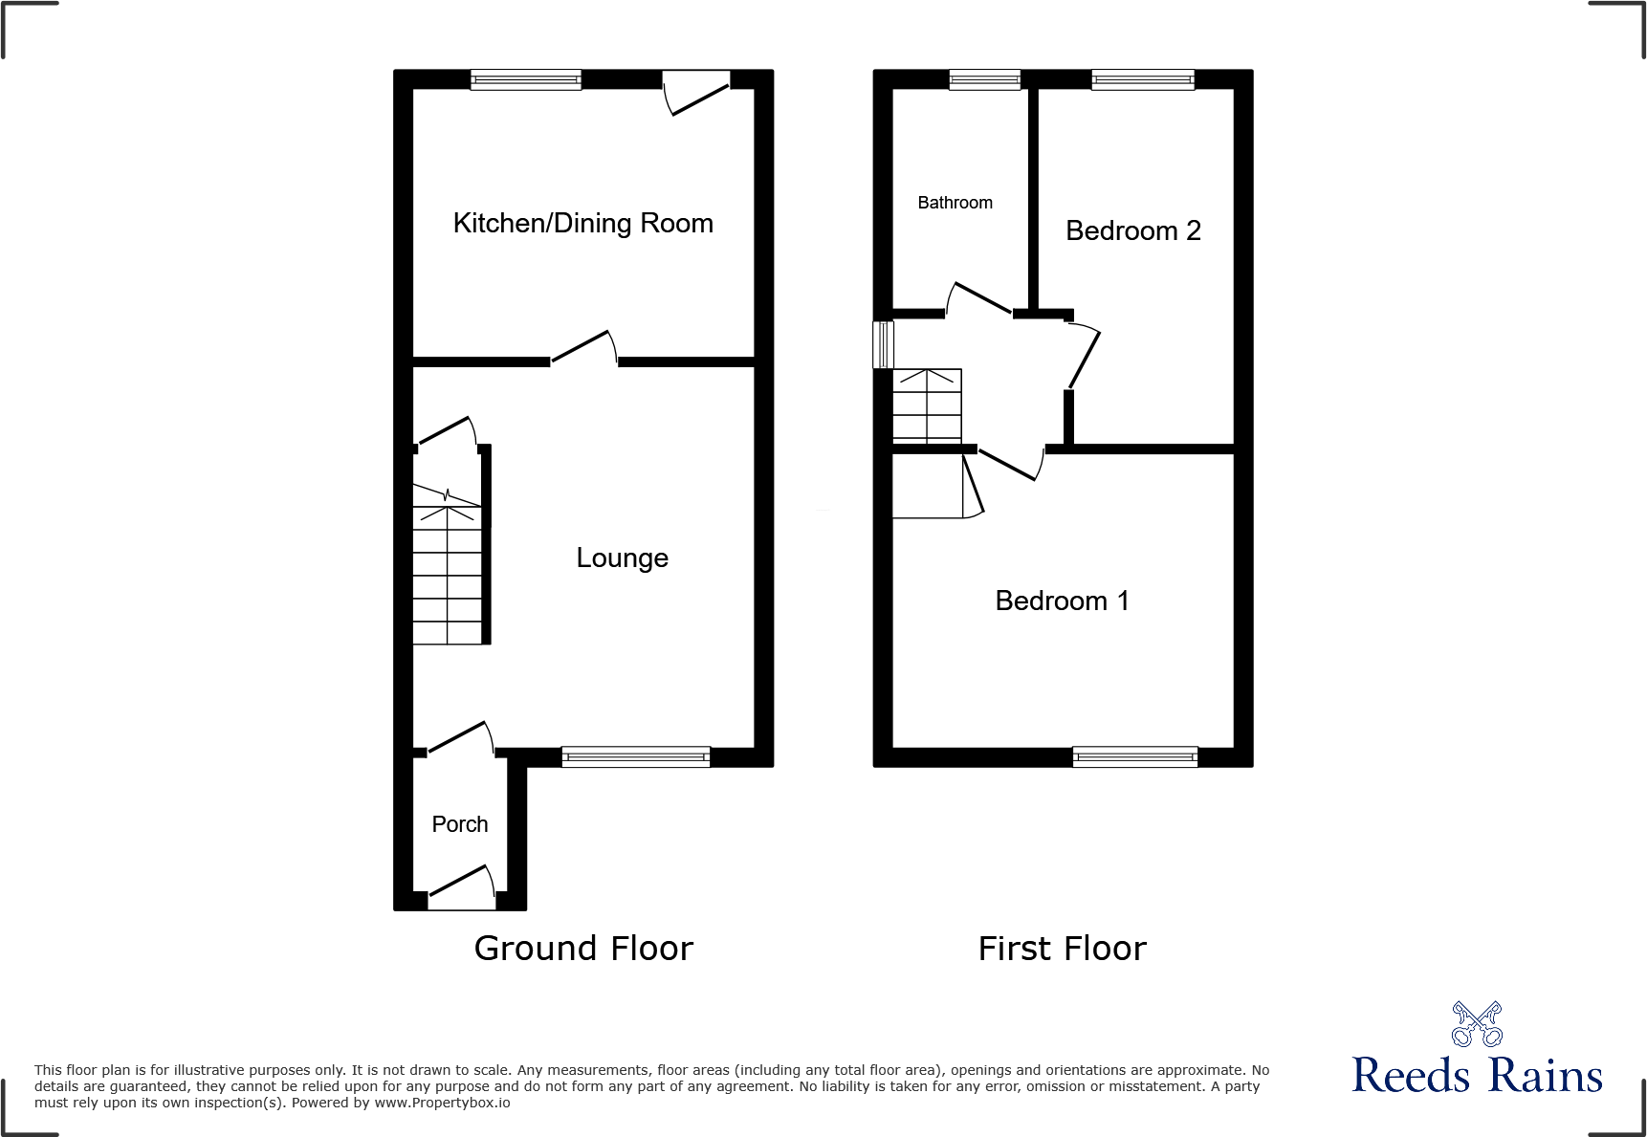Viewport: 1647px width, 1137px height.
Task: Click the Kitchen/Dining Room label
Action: pyautogui.click(x=582, y=223)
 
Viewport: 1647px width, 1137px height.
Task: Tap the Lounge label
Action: pyautogui.click(x=622, y=558)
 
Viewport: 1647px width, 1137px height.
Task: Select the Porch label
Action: pyautogui.click(x=459, y=824)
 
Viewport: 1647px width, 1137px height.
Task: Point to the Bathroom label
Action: pyautogui.click(x=955, y=203)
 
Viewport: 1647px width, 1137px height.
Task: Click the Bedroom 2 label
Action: pyautogui.click(x=1132, y=230)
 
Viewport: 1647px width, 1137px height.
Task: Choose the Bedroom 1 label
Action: pyautogui.click(x=1062, y=601)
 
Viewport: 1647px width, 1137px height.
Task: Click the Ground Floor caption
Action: pyautogui.click(x=583, y=949)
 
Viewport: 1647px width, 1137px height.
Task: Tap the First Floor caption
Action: pyautogui.click(x=1062, y=949)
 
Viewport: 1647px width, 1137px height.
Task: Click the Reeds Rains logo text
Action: pyautogui.click(x=1477, y=1076)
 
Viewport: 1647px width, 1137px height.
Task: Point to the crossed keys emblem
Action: pyautogui.click(x=1477, y=1024)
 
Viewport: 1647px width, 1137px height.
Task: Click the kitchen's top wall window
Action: pyautogui.click(x=526, y=79)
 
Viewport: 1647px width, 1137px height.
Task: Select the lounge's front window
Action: pyautogui.click(x=636, y=757)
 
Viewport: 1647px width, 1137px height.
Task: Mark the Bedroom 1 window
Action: pyautogui.click(x=1135, y=757)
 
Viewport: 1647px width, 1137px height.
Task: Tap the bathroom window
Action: pyautogui.click(x=984, y=79)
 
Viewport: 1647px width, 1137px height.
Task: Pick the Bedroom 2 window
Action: pyautogui.click(x=1143, y=79)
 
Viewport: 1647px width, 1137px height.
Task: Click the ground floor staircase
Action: pyautogui.click(x=448, y=574)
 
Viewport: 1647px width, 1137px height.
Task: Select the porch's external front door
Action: pyautogui.click(x=462, y=889)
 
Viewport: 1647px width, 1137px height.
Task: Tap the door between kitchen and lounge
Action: pyautogui.click(x=583, y=349)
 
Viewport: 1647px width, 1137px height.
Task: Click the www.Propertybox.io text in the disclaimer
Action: pyautogui.click(x=442, y=1103)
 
